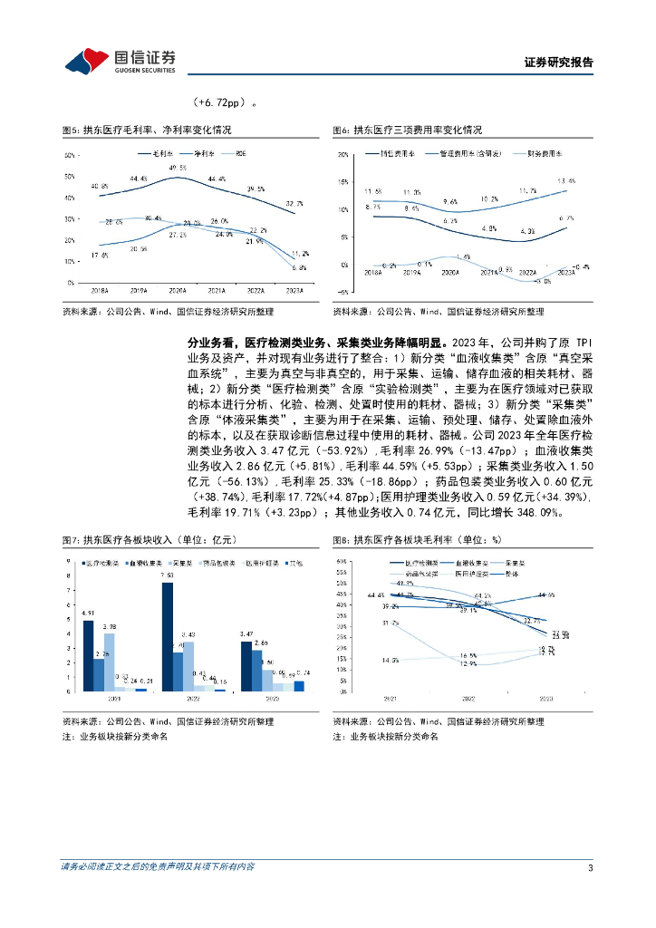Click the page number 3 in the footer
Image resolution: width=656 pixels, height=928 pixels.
tap(590, 868)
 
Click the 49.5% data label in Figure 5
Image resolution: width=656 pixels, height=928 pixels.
tap(178, 169)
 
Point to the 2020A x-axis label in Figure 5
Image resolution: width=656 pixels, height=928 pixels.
tap(178, 290)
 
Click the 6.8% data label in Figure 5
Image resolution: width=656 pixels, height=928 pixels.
tap(299, 267)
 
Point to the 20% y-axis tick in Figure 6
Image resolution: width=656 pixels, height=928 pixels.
tap(343, 155)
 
